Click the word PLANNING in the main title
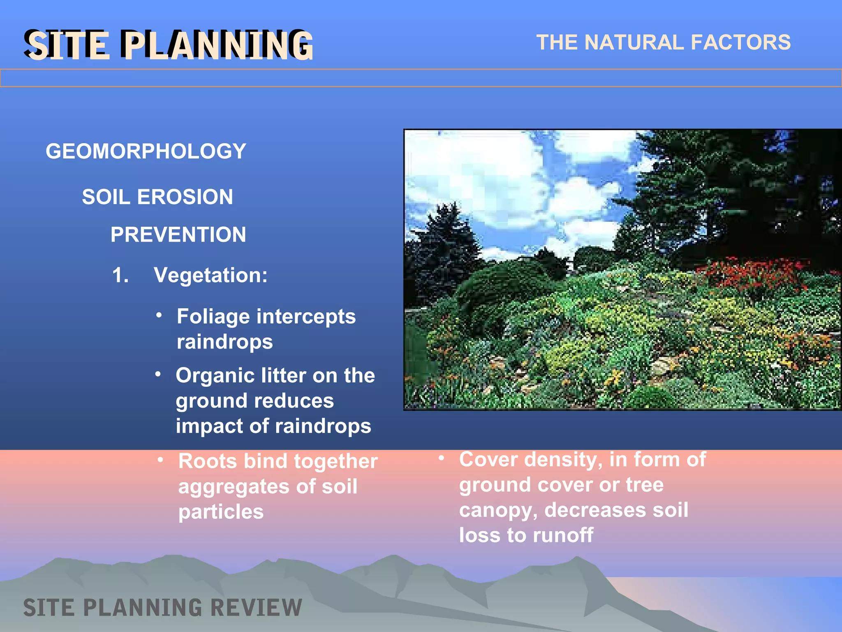(218, 45)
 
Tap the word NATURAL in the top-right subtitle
(634, 42)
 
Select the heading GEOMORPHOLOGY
(146, 151)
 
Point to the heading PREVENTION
(178, 235)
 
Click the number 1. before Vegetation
(120, 275)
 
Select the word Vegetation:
(210, 275)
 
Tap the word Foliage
(213, 316)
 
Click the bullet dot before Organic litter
(158, 374)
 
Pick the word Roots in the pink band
(208, 461)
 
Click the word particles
(221, 512)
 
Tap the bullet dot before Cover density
(441, 458)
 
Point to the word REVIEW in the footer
(255, 608)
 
